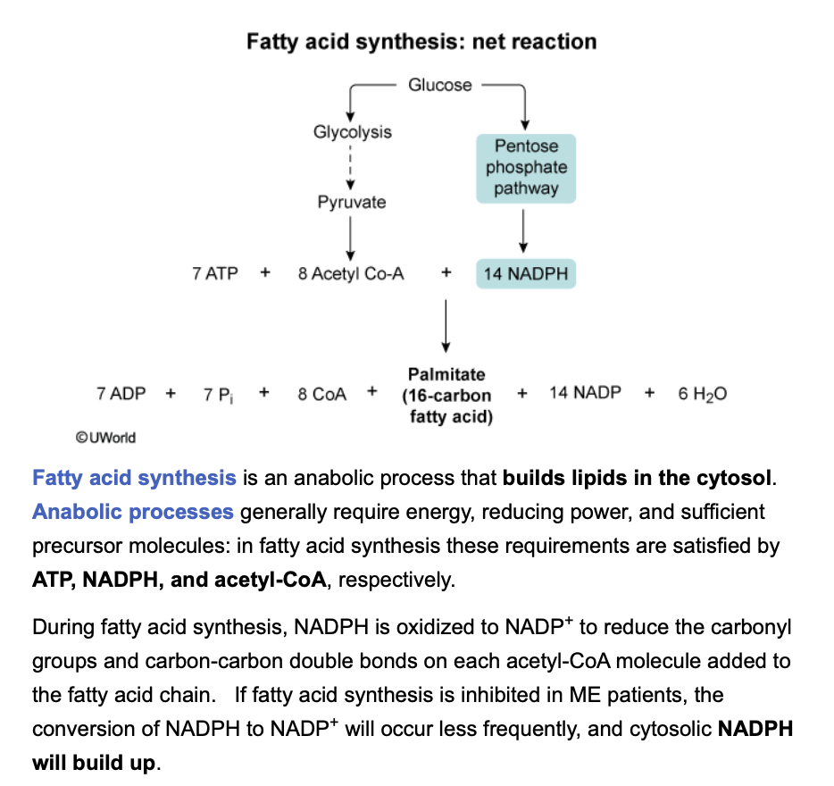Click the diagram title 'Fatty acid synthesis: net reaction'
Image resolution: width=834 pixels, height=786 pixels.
421,42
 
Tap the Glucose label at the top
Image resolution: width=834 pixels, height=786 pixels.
439,85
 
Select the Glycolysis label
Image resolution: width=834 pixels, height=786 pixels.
352,132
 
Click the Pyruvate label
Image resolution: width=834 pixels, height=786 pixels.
352,202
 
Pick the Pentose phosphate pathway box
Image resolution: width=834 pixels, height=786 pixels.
526,167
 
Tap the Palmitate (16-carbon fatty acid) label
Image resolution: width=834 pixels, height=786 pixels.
446,395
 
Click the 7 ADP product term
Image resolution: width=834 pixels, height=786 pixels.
121,394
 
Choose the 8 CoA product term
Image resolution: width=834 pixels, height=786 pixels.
322,394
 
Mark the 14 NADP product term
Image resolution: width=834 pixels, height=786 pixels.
585,393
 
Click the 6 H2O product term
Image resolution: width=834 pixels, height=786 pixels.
702,394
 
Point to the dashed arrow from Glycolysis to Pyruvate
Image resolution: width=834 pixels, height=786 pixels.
352,167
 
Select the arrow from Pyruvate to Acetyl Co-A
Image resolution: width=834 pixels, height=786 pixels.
352,238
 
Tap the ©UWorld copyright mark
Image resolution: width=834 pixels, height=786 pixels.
106,437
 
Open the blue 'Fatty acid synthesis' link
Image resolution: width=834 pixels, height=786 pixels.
134,478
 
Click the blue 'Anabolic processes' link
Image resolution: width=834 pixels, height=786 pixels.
133,512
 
